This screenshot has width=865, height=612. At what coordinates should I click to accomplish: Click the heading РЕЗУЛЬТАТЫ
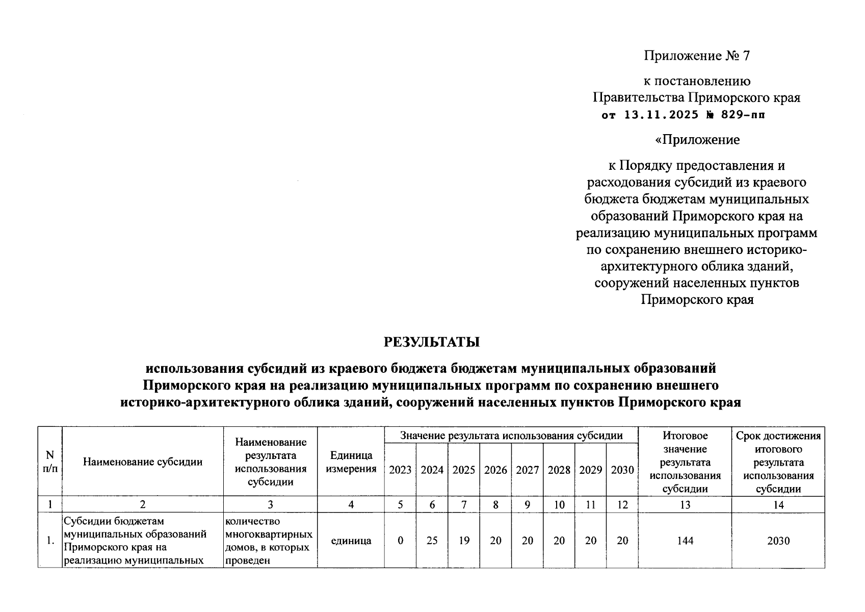(x=432, y=342)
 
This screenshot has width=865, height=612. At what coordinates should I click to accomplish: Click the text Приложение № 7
(x=697, y=56)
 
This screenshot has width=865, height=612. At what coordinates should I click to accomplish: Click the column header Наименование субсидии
(x=143, y=462)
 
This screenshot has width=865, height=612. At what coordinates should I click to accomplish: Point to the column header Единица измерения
(x=351, y=462)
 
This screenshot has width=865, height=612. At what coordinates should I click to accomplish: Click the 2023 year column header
(x=400, y=470)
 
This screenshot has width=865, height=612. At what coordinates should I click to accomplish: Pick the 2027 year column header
(x=527, y=470)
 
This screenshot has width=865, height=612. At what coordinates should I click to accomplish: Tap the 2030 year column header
(x=622, y=470)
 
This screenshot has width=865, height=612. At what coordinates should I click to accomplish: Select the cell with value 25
(x=432, y=541)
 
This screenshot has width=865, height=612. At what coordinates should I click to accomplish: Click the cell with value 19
(x=463, y=541)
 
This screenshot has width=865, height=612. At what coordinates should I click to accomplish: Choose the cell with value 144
(x=685, y=541)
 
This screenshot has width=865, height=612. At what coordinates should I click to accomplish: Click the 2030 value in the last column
(x=778, y=541)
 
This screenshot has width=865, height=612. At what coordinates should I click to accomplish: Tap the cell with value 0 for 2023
(x=400, y=541)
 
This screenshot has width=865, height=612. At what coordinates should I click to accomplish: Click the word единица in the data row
(x=351, y=541)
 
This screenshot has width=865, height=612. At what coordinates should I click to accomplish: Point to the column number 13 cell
(x=685, y=505)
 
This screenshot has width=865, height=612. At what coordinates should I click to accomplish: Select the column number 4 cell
(x=351, y=505)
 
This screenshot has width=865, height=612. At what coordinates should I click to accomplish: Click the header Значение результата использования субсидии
(x=511, y=436)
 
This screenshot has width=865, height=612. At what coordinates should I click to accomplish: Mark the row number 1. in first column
(x=50, y=541)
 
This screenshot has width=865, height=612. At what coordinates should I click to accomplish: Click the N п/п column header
(x=50, y=462)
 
